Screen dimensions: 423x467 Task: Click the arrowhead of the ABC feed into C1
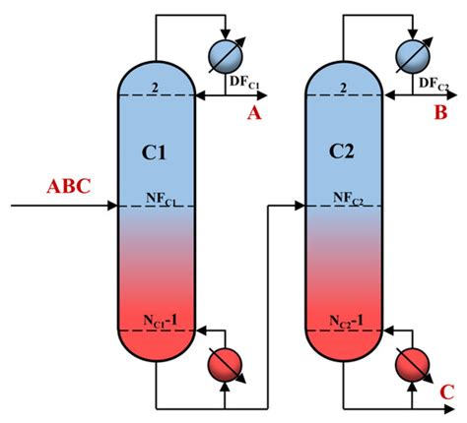(111, 207)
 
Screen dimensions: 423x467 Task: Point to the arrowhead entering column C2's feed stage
(300, 207)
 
